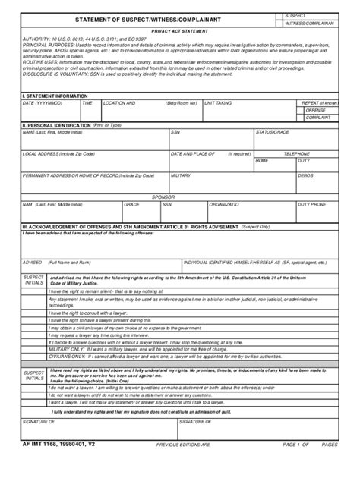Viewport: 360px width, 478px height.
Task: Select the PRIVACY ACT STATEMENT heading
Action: click(x=179, y=31)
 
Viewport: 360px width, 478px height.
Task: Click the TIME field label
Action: click(x=87, y=102)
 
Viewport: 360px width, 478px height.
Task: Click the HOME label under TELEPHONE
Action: click(x=262, y=160)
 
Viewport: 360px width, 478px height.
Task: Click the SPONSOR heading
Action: click(x=163, y=196)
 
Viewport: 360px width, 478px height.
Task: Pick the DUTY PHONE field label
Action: click(x=312, y=203)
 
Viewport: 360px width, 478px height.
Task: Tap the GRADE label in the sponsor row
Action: click(x=132, y=203)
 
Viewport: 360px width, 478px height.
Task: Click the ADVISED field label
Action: click(x=32, y=262)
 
